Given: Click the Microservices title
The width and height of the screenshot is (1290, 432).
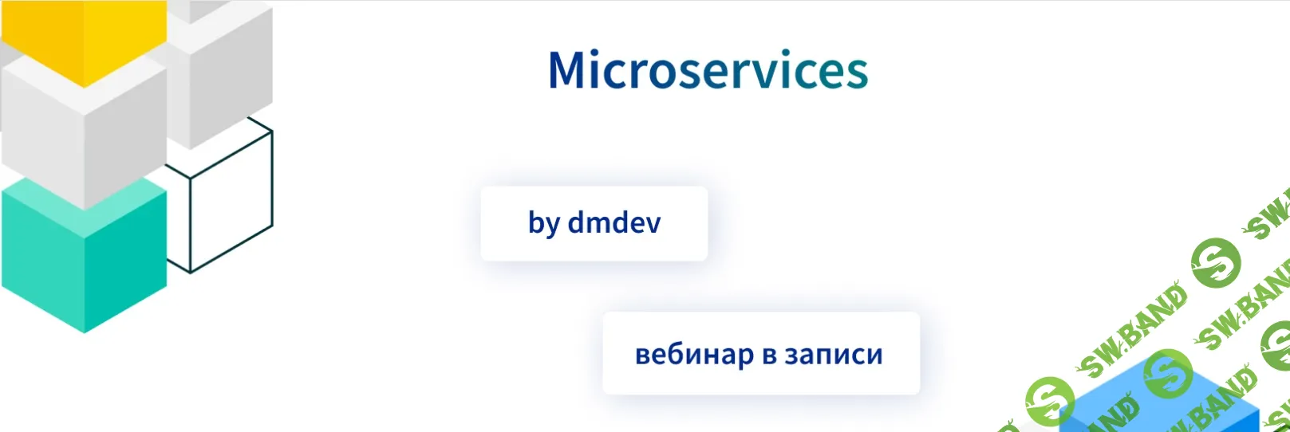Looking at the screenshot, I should click(708, 70).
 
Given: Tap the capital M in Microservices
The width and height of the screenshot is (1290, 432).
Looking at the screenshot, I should click(568, 70).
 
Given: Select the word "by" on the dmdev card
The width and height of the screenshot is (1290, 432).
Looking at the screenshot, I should click(544, 224).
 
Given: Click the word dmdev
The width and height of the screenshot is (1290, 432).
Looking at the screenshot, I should click(614, 223).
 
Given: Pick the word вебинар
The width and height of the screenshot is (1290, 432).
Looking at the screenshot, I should click(694, 354).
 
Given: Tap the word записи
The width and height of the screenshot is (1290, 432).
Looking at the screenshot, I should click(834, 355).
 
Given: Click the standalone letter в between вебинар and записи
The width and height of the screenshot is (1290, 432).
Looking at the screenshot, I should click(769, 355).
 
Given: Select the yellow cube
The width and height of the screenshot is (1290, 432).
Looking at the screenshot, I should click(84, 36).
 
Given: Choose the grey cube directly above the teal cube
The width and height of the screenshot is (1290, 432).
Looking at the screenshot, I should click(84, 132).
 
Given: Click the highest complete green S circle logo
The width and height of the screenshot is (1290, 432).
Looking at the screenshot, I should click(1216, 262).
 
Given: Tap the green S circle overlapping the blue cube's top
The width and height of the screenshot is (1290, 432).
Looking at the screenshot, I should click(1167, 373).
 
